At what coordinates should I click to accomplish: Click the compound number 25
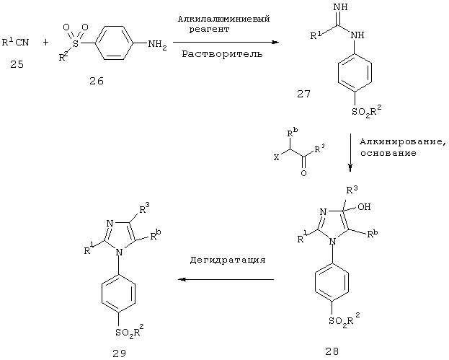tap(17, 64)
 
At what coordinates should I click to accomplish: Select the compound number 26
tap(97, 81)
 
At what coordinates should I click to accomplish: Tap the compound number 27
tap(303, 94)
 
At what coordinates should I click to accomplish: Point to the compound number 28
tap(332, 351)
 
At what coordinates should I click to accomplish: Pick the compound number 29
tap(119, 354)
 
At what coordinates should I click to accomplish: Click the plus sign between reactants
tap(46, 43)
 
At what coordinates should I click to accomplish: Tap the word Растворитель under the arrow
tap(222, 54)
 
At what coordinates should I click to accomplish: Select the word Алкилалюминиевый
tap(224, 19)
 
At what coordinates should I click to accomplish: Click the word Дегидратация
tap(228, 260)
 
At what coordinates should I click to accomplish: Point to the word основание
tap(388, 154)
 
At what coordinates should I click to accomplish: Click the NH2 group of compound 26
tap(157, 45)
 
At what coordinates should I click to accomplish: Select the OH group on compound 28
tap(364, 206)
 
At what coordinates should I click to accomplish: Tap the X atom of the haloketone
tap(276, 157)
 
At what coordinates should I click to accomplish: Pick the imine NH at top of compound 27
tap(341, 7)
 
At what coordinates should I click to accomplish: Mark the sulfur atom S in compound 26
tap(76, 43)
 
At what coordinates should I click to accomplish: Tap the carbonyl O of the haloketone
tap(303, 173)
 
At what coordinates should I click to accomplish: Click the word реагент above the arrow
tap(209, 30)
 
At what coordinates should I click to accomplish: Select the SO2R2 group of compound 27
tap(367, 110)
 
